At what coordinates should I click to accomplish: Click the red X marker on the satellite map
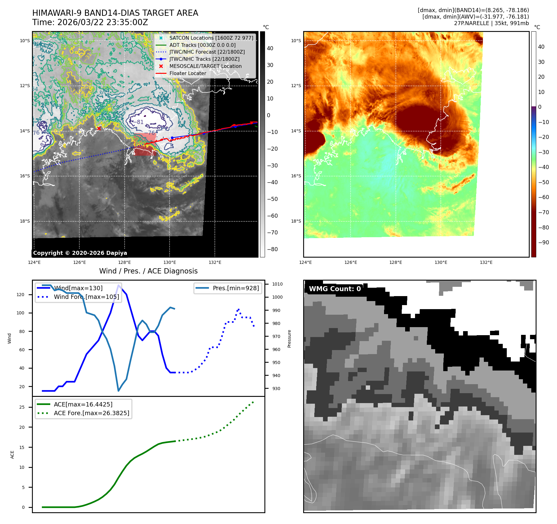click(99, 128)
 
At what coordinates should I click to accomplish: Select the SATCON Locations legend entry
click(211, 38)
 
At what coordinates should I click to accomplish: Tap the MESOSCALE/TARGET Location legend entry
click(205, 66)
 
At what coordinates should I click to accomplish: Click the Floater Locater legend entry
click(188, 73)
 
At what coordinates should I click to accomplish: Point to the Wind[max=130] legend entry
click(78, 288)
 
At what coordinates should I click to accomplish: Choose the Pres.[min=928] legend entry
click(236, 288)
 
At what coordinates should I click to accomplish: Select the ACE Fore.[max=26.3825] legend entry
click(91, 413)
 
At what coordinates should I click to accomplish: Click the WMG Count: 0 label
click(335, 289)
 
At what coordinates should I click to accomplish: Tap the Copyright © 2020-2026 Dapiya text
click(80, 253)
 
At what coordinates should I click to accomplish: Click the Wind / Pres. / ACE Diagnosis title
click(148, 271)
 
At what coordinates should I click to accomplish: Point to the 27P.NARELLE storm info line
click(491, 23)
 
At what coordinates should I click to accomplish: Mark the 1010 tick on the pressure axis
click(277, 284)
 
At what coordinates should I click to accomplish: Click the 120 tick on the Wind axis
click(20, 295)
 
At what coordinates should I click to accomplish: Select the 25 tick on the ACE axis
click(22, 407)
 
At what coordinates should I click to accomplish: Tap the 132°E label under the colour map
click(486, 262)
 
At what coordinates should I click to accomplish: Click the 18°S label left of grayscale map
click(25, 221)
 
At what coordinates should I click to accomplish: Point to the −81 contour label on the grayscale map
click(140, 122)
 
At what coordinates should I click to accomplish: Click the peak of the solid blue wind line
click(118, 285)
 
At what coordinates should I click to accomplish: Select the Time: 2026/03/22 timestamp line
click(90, 22)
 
